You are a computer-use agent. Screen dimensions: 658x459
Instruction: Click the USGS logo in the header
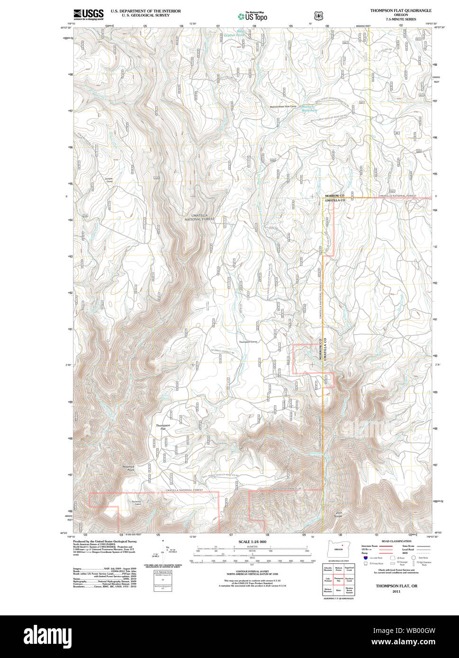[89, 14]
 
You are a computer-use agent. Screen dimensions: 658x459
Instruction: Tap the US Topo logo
[252, 16]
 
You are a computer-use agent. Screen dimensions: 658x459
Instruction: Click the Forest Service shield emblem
[318, 16]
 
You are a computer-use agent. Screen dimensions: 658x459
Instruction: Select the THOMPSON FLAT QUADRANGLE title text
[401, 10]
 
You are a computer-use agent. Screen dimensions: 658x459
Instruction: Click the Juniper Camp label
[109, 180]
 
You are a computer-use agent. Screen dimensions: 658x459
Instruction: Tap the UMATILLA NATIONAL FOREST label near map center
[199, 217]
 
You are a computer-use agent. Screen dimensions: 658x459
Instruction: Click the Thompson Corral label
[248, 342]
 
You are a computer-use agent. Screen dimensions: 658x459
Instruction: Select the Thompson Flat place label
[163, 427]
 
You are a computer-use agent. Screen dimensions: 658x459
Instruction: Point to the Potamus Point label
[129, 468]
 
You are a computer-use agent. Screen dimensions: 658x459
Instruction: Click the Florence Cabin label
[136, 503]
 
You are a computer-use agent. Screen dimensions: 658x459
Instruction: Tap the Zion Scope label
[339, 514]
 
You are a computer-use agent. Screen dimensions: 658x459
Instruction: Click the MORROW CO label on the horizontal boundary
[334, 196]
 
